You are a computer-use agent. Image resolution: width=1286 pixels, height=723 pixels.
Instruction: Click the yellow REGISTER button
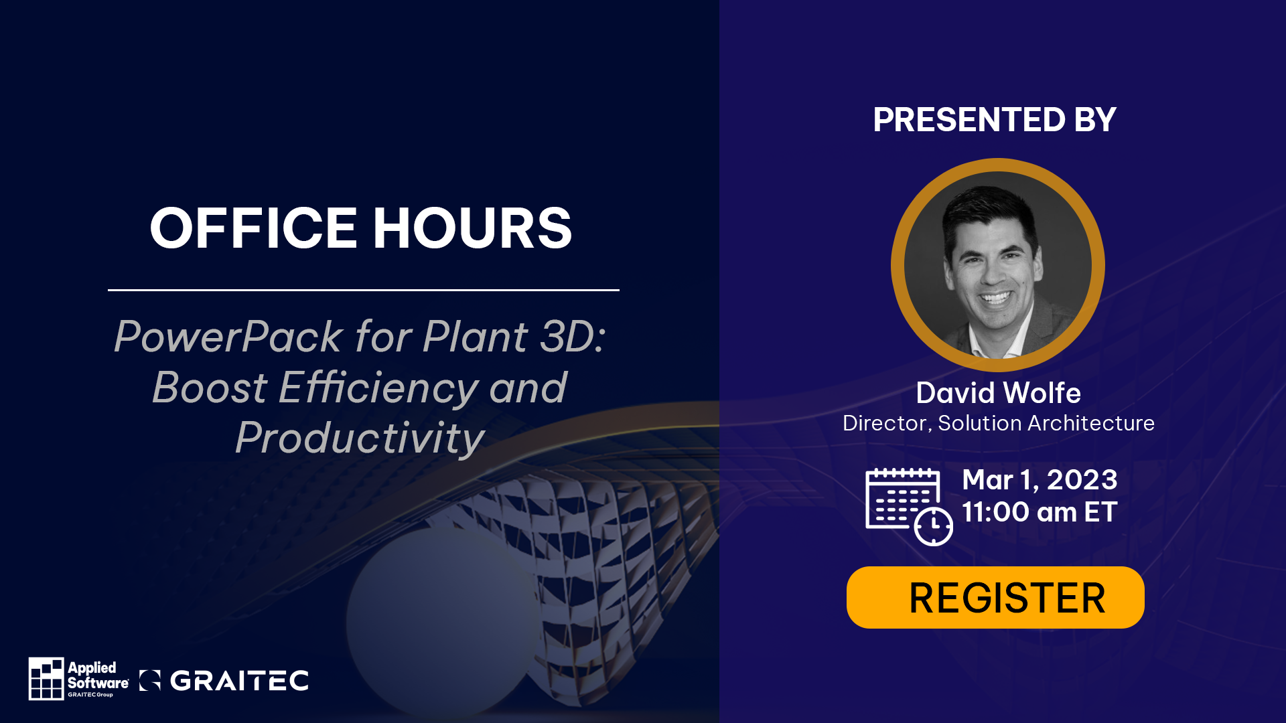(995, 597)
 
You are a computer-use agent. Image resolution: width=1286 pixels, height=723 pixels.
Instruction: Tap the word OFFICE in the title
(253, 228)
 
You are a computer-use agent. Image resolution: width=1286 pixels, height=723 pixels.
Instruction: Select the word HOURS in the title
(472, 228)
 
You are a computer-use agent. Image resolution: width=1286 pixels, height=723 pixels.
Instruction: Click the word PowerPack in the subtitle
(228, 337)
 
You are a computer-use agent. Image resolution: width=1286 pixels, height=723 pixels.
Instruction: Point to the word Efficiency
(378, 388)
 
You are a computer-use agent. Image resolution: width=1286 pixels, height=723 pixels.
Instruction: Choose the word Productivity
(360, 439)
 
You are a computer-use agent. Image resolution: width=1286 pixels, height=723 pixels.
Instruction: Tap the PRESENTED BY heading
(995, 120)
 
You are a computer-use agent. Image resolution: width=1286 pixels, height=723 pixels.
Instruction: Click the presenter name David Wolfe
(998, 393)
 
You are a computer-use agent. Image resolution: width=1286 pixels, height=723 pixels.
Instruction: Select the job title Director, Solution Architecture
(999, 423)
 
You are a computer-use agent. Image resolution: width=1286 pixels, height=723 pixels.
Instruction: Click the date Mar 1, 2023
(1040, 480)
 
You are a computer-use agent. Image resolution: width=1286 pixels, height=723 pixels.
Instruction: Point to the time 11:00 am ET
(1040, 512)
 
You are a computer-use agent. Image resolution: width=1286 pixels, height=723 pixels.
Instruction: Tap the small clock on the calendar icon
(934, 527)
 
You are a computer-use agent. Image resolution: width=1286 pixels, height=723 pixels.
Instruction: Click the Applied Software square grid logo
(46, 678)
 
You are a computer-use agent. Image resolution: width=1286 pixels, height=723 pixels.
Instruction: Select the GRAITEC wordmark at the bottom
(239, 681)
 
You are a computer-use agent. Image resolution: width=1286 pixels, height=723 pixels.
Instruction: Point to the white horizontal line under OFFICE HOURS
(364, 290)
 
